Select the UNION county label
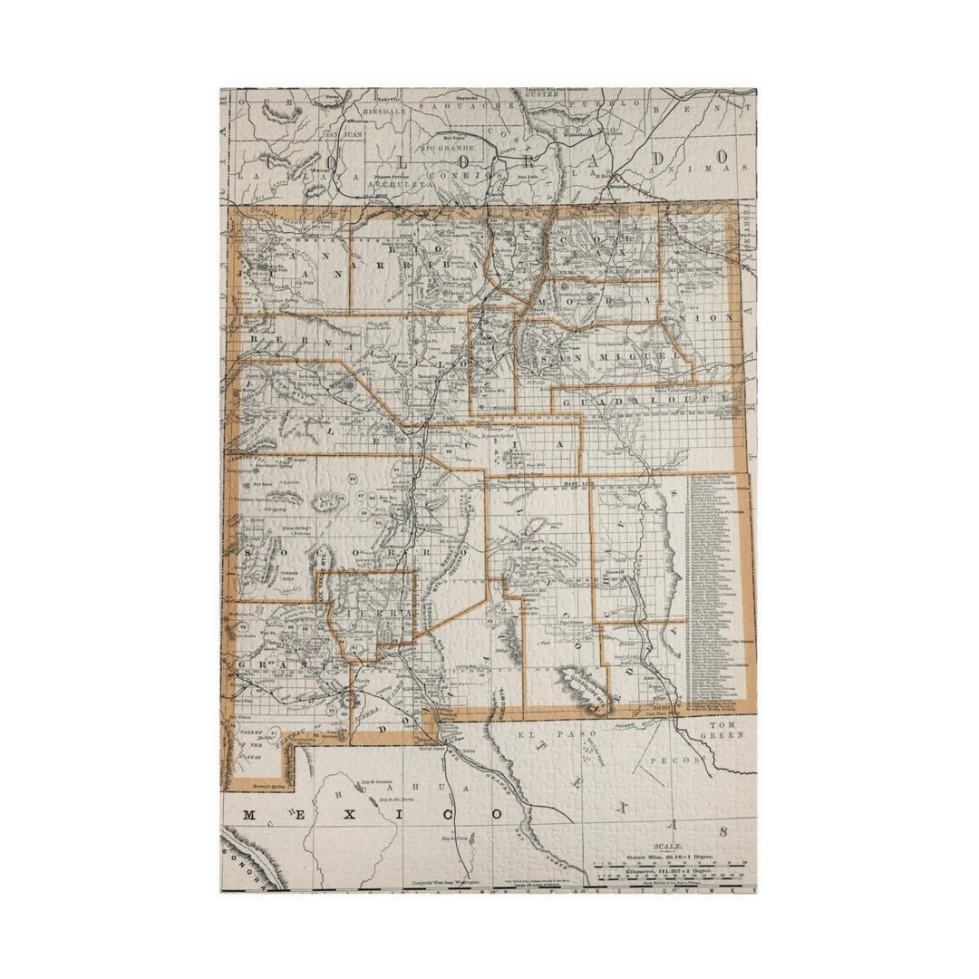click(x=716, y=317)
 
